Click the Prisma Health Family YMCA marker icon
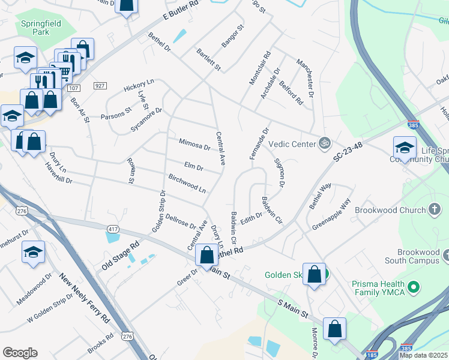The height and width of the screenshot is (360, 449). pyautogui.click(x=413, y=288)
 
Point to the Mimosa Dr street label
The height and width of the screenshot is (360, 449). pyautogui.click(x=194, y=144)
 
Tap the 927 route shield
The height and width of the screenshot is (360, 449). pyautogui.click(x=100, y=86)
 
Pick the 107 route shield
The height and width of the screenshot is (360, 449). pyautogui.click(x=73, y=88)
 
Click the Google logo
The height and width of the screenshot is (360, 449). pyautogui.click(x=20, y=353)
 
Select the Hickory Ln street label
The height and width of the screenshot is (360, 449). pyautogui.click(x=139, y=86)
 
